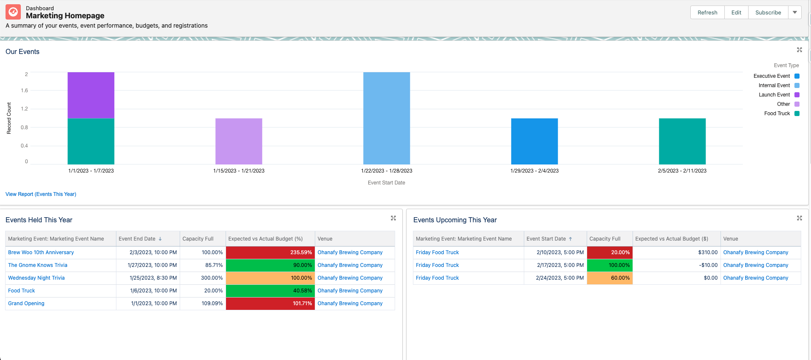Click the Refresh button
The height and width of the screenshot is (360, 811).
point(707,12)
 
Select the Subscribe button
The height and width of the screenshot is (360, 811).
point(768,12)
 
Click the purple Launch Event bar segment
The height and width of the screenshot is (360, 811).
point(91,95)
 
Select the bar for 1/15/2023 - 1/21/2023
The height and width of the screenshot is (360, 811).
point(239,141)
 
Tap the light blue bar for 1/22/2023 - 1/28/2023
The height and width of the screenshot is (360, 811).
point(387,118)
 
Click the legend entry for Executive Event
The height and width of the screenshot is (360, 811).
point(776,76)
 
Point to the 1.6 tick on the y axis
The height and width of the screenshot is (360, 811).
point(24,91)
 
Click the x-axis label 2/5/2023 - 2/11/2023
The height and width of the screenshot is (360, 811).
point(682,171)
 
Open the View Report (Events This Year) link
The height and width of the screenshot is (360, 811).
point(41,194)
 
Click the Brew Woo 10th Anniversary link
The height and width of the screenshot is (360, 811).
point(41,252)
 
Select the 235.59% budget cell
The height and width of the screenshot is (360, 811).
point(270,252)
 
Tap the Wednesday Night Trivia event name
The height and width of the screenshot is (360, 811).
point(37,278)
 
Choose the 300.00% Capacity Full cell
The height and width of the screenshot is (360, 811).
point(203,278)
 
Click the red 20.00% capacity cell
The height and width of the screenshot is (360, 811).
point(610,252)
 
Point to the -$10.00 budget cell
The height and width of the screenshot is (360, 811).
point(676,265)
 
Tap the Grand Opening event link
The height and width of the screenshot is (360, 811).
point(26,303)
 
